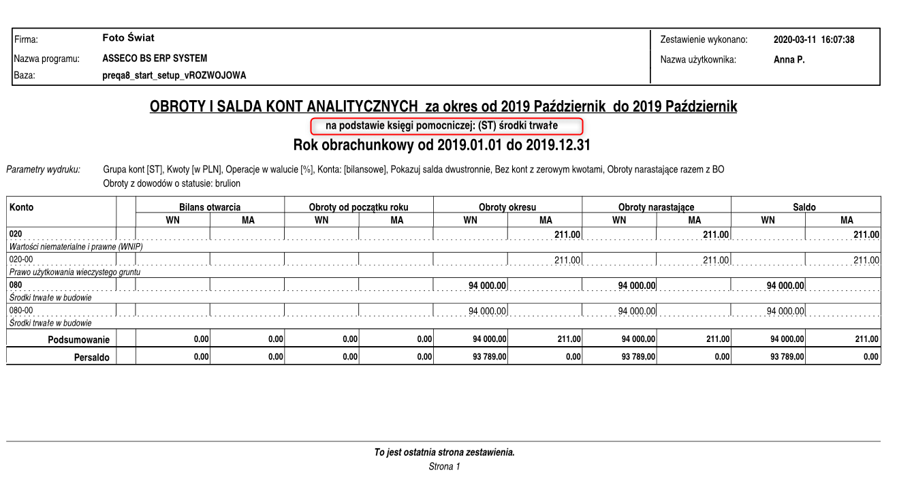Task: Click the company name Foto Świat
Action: [128, 38]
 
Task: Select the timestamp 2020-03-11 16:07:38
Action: [813, 40]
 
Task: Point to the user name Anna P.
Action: [789, 60]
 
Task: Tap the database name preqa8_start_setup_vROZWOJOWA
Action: [174, 76]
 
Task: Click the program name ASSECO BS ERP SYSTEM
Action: [155, 59]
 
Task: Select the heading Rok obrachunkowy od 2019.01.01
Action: [441, 145]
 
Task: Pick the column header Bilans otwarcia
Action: [210, 207]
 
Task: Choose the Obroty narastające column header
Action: [656, 207]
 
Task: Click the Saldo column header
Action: [804, 207]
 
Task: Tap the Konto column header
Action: [22, 207]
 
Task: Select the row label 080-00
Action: [21, 310]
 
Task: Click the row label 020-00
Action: [21, 259]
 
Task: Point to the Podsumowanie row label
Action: [78, 339]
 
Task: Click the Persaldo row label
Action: [91, 357]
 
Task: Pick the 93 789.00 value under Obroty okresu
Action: [489, 357]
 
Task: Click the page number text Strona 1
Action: [444, 467]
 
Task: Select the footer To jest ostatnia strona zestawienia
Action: [444, 452]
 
